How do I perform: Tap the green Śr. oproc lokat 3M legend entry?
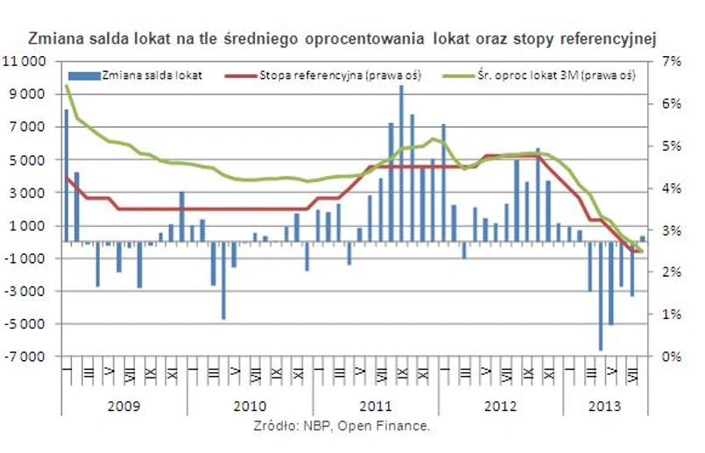(x=553, y=75)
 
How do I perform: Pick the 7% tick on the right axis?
(x=670, y=61)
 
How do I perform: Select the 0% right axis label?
(x=670, y=357)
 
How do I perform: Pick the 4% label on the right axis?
(x=670, y=188)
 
